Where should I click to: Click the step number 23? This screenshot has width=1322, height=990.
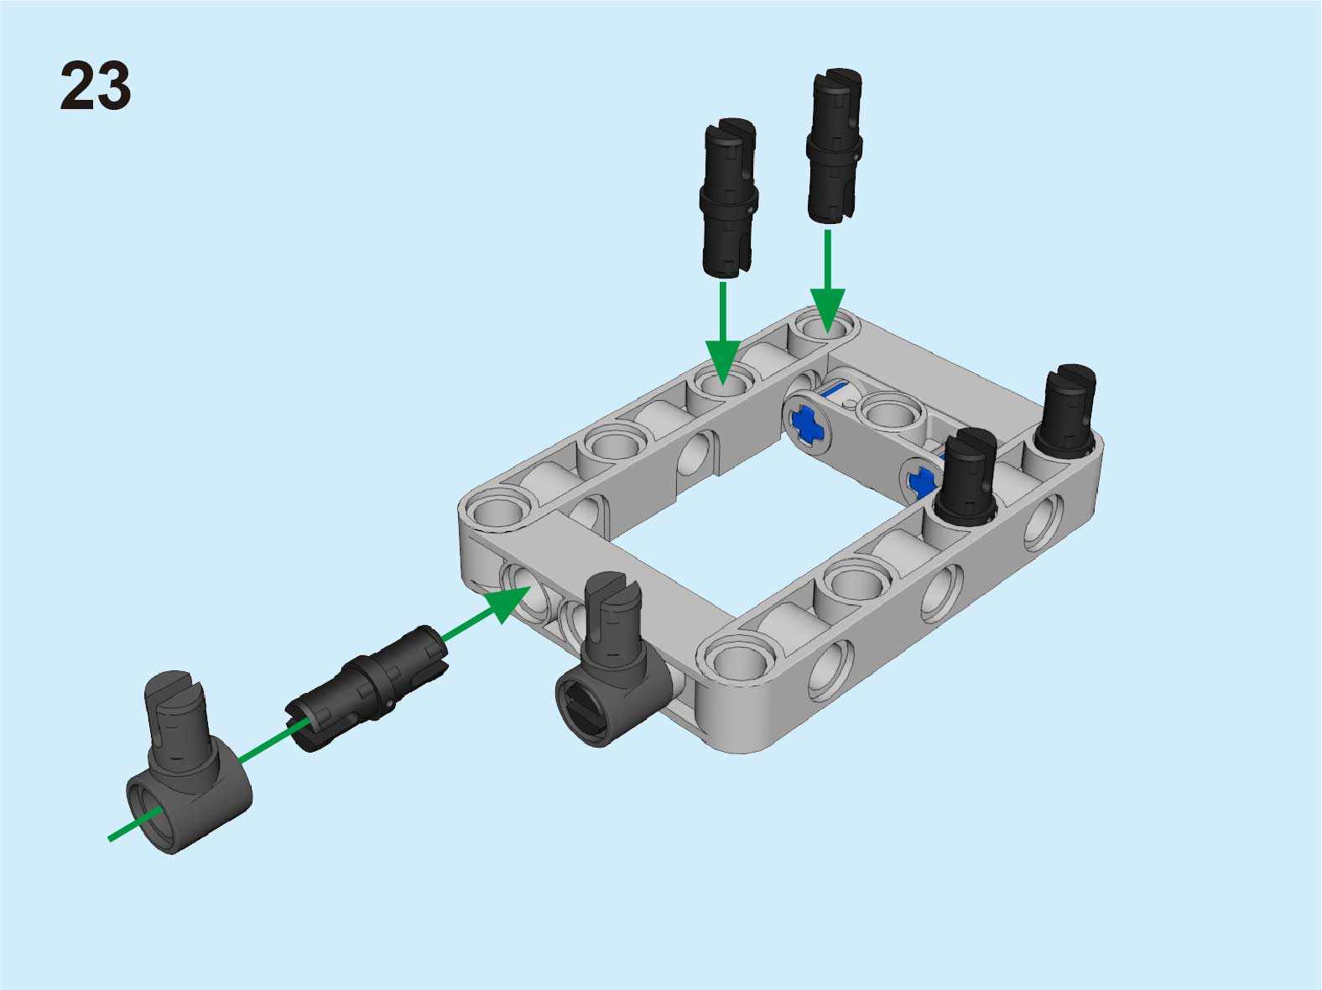[x=95, y=86]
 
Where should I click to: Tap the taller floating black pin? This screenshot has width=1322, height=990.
[x=834, y=146]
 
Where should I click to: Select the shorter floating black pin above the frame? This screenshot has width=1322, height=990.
[x=729, y=198]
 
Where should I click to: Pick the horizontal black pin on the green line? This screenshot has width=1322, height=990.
[x=367, y=688]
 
